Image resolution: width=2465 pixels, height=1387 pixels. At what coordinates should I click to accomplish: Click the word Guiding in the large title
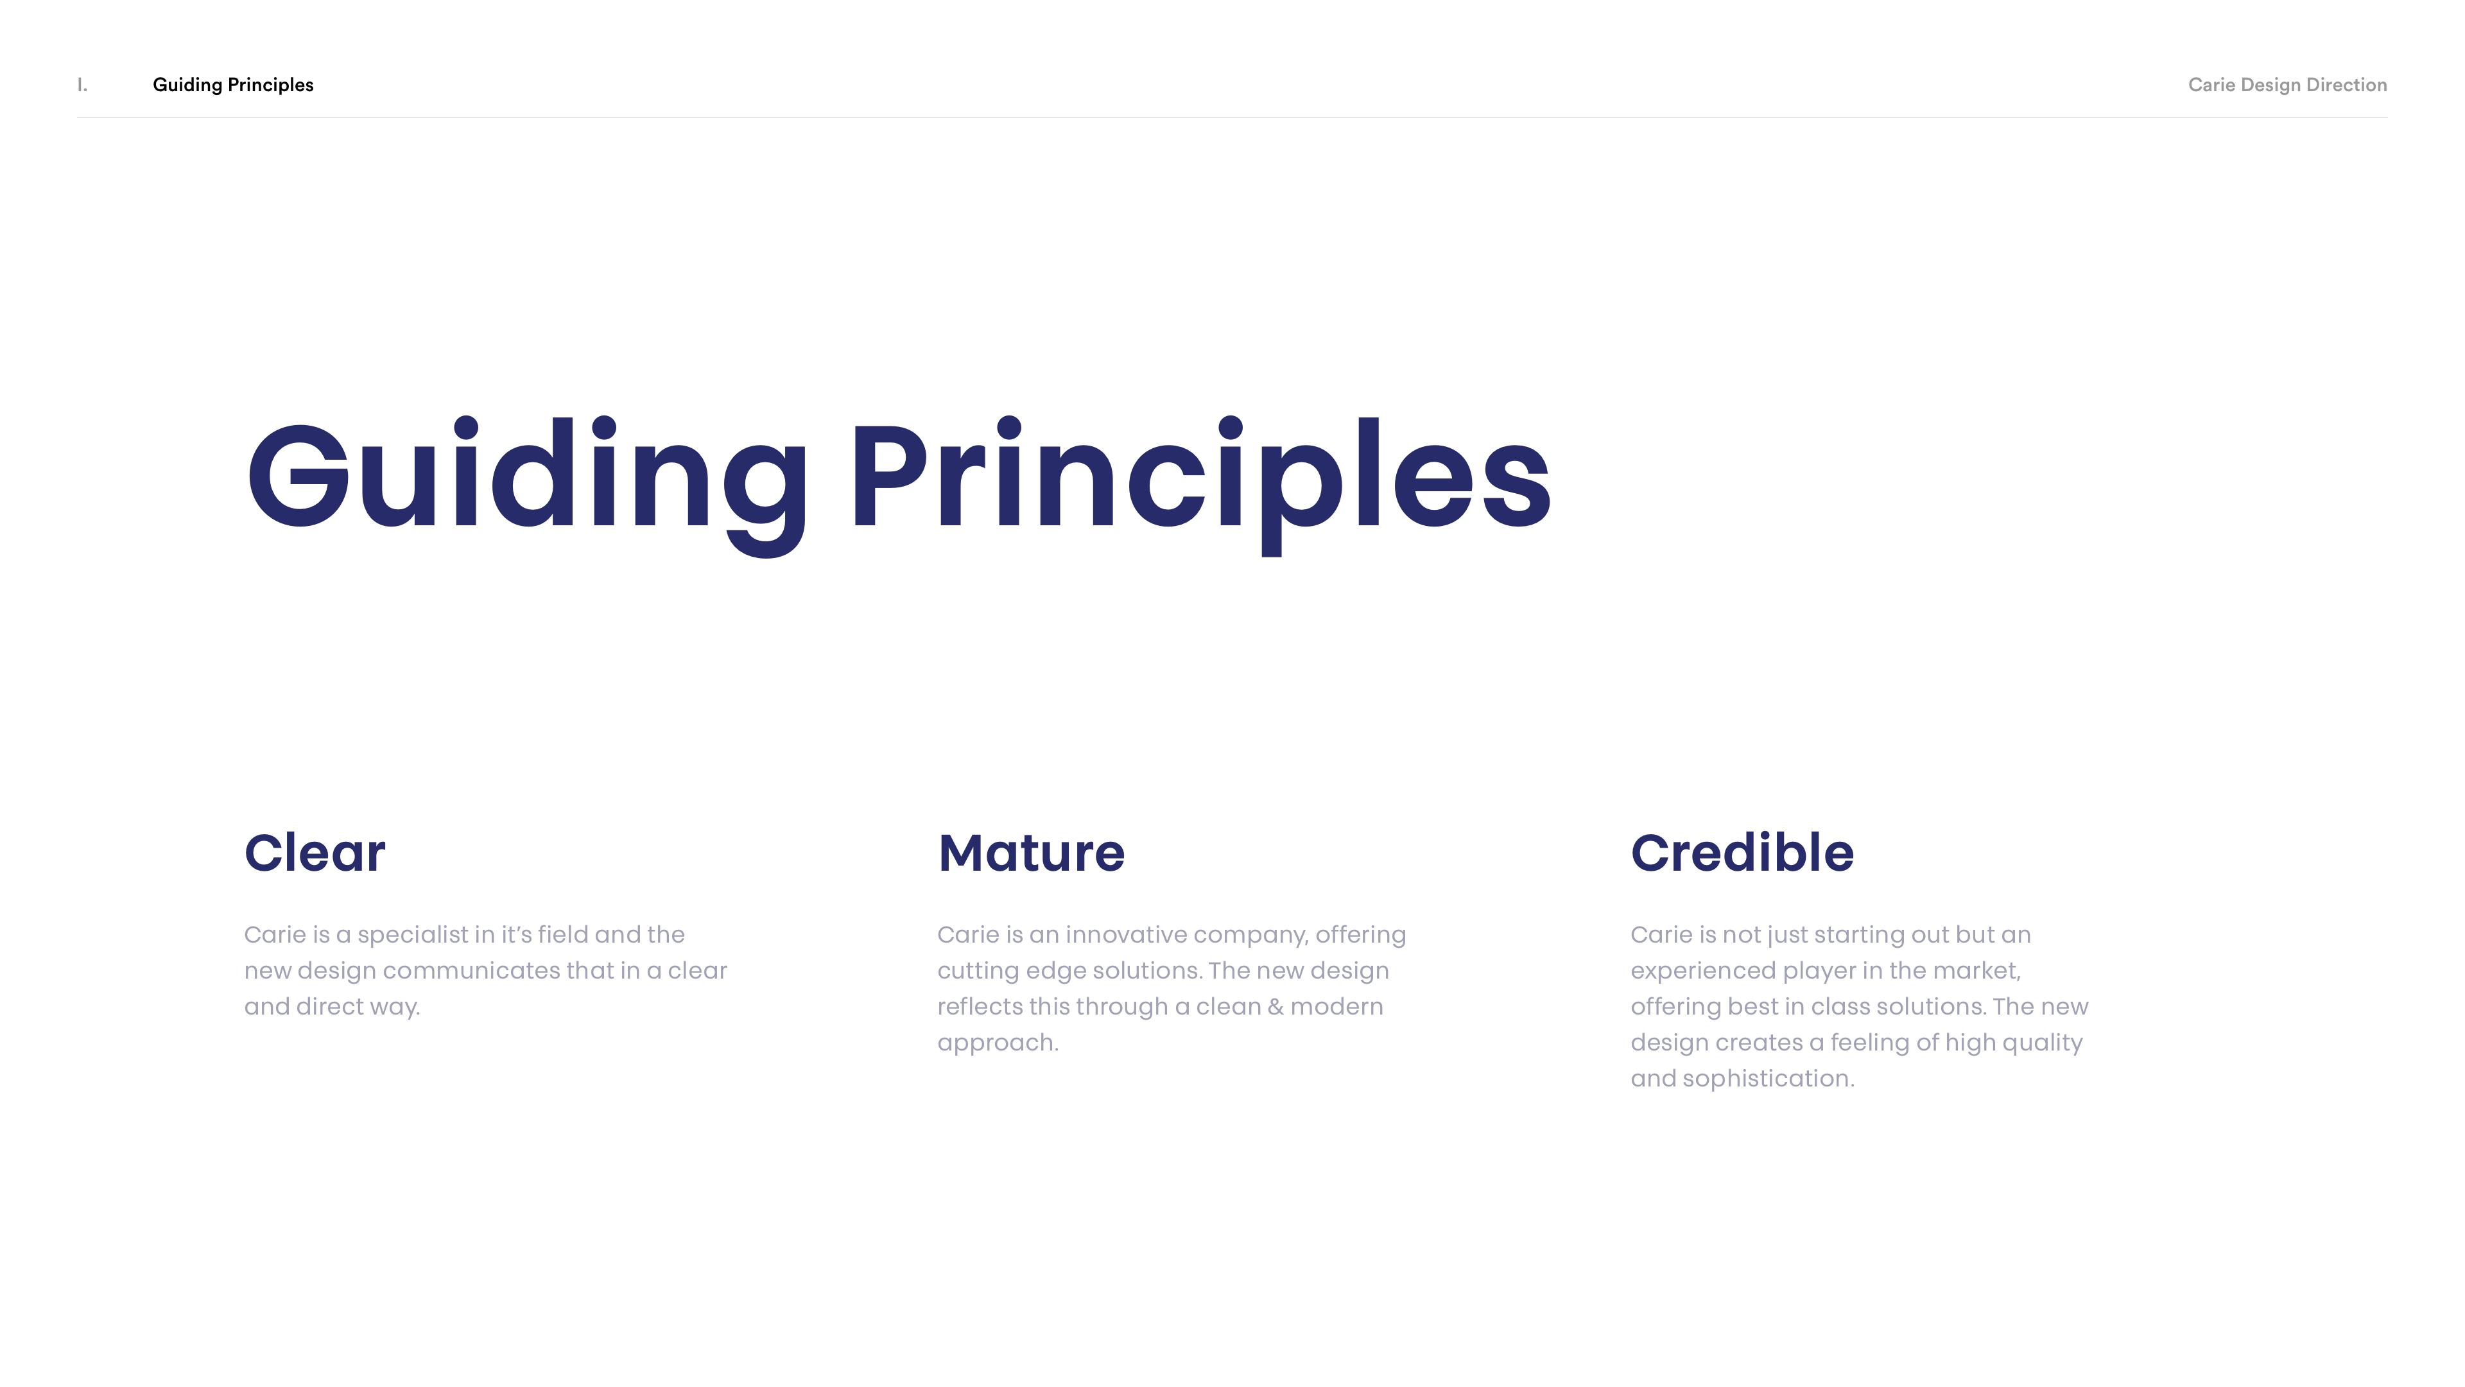[527, 486]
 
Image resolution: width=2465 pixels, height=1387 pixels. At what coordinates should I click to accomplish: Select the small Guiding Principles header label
[232, 85]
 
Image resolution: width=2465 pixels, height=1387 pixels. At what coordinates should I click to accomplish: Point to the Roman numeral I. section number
[82, 85]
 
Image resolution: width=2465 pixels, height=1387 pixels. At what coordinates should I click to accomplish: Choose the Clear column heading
[315, 852]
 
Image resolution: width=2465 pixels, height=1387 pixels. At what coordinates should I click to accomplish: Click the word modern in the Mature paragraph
[1336, 1007]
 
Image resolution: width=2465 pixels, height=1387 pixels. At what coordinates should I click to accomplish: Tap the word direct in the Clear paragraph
[332, 1007]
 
